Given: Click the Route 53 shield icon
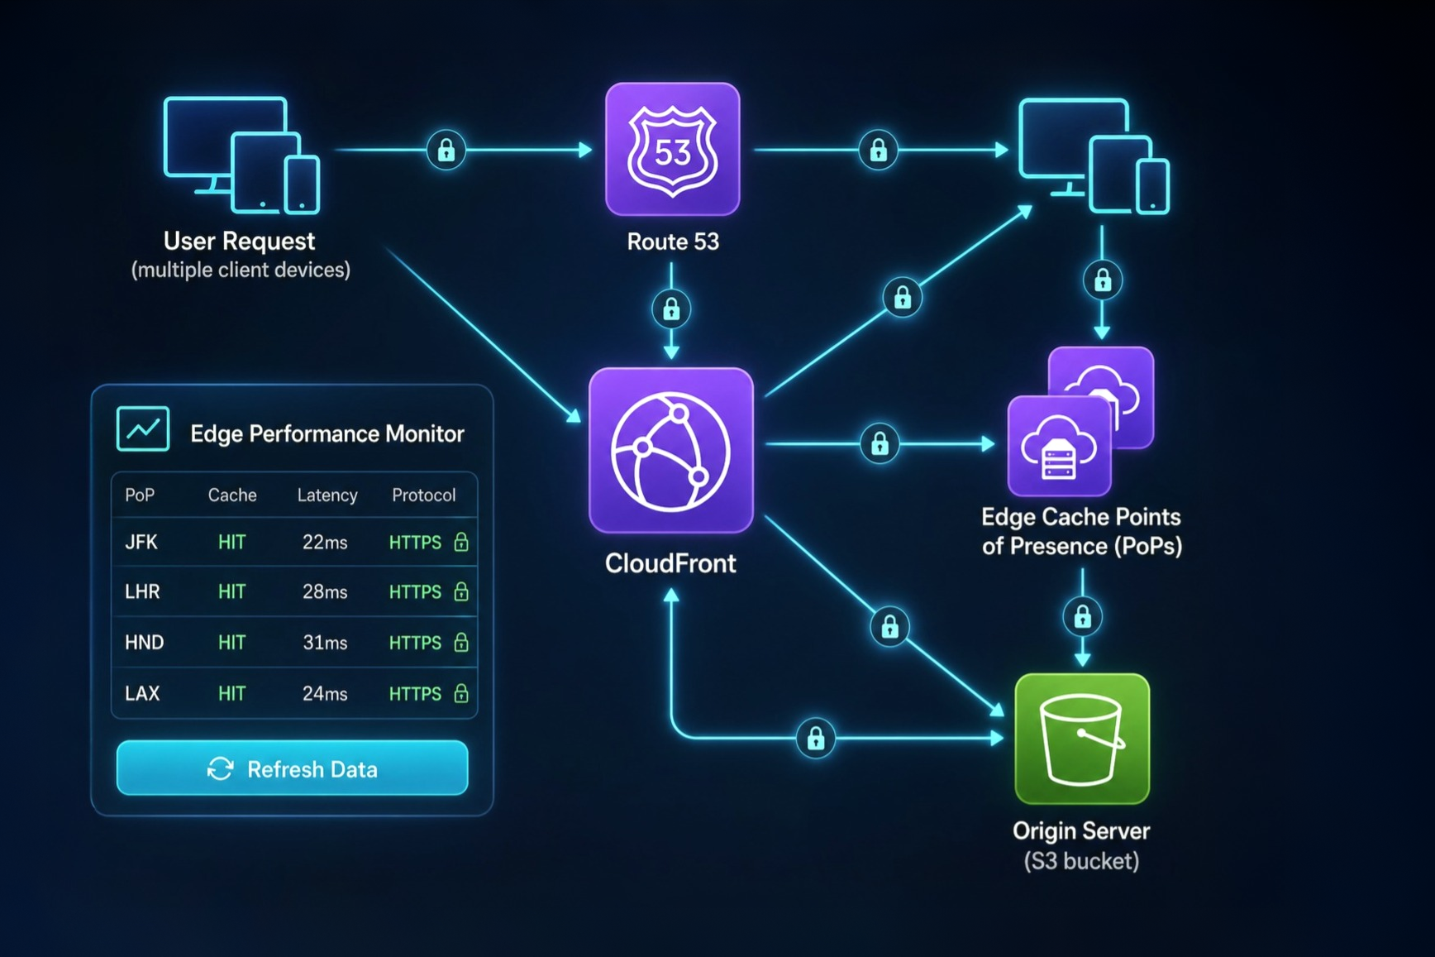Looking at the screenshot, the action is [x=672, y=149].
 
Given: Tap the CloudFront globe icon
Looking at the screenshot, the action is [x=670, y=450].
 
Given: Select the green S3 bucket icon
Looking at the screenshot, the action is [x=1082, y=739].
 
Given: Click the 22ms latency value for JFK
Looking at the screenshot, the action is [x=325, y=543].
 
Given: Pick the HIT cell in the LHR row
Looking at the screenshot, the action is [x=231, y=592].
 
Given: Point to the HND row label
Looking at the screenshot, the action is [x=144, y=643].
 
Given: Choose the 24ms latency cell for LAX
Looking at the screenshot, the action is [x=325, y=694].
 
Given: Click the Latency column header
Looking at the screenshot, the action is [x=327, y=495].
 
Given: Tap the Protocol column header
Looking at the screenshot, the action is [x=423, y=495].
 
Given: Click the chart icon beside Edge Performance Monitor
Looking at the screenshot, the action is [x=143, y=428].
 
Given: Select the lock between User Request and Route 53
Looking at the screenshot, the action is [x=446, y=151].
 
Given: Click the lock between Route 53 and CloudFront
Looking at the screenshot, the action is [x=671, y=309].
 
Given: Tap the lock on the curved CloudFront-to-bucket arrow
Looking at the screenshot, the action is [x=816, y=738].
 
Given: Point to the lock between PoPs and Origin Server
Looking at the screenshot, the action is [x=1082, y=617].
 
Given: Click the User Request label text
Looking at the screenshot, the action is [x=239, y=241].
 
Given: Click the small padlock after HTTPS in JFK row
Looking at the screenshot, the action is [x=461, y=543].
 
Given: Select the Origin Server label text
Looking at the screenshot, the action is [x=1081, y=830].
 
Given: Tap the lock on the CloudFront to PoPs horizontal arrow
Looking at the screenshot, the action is [x=880, y=444].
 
